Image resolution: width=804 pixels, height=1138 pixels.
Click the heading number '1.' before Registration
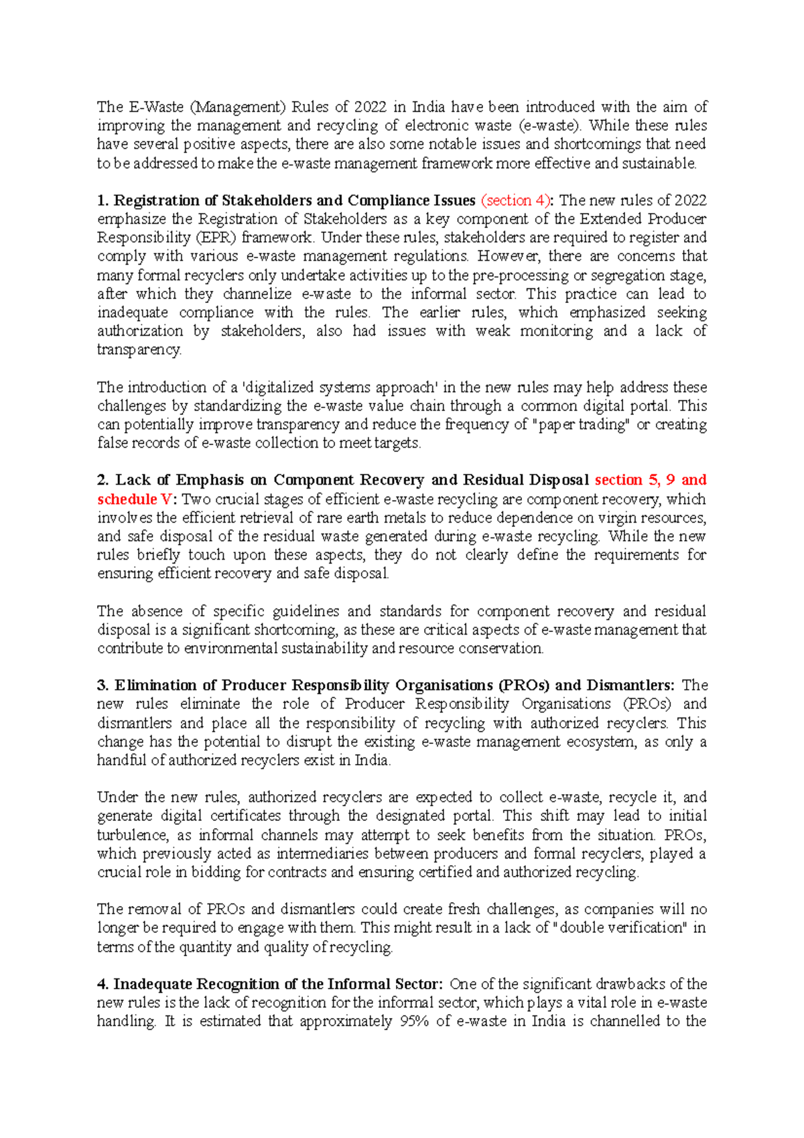tap(103, 200)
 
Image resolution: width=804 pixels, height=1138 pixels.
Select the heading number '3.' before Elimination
tap(103, 686)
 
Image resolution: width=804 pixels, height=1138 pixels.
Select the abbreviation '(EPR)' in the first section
tap(217, 237)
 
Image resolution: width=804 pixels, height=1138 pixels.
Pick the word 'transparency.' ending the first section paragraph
tap(139, 350)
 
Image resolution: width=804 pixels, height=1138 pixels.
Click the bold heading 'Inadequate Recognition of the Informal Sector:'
tap(278, 985)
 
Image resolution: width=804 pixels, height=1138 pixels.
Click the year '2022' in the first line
tap(370, 107)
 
